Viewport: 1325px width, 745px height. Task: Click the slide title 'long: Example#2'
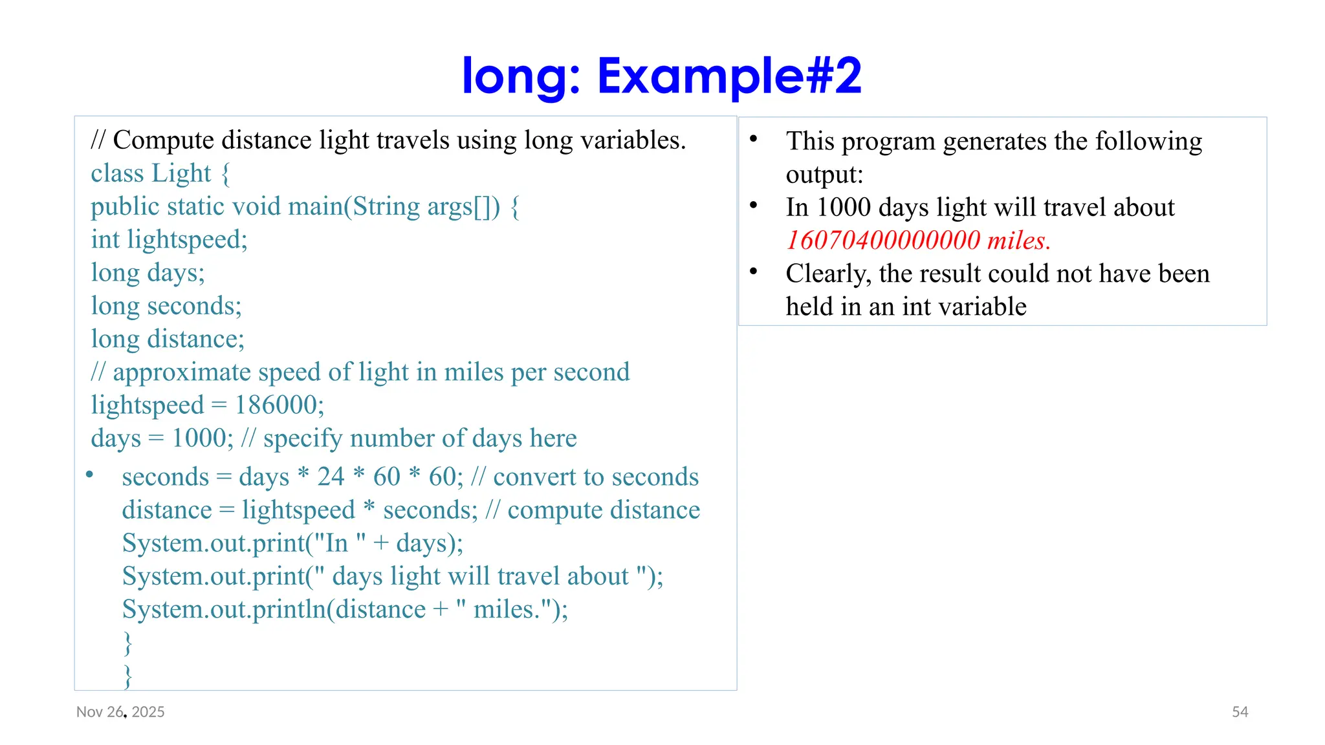[x=661, y=76]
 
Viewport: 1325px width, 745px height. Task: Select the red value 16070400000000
[x=883, y=241]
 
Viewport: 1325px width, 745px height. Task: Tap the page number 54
[x=1240, y=711]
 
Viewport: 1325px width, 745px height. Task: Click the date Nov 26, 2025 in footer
[x=120, y=711]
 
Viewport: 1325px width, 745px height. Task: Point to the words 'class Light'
[x=151, y=173]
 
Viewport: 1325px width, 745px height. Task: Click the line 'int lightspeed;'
[x=169, y=240]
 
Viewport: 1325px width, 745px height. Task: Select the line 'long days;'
[x=148, y=273]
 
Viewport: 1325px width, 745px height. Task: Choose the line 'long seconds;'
[x=166, y=306]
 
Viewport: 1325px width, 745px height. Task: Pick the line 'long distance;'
[x=168, y=339]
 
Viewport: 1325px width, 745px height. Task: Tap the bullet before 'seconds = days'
[x=90, y=475]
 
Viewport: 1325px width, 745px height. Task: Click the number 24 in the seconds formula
[x=331, y=477]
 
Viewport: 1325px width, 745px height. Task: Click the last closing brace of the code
[x=128, y=675]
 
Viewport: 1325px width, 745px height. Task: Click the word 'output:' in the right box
[x=824, y=175]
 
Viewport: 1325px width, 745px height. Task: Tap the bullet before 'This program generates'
[x=754, y=139]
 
